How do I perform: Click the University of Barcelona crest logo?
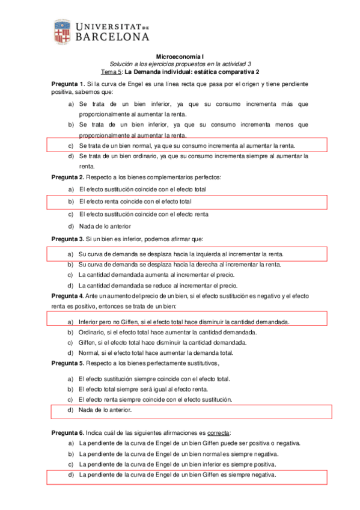click(x=61, y=32)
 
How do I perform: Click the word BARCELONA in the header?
click(x=112, y=37)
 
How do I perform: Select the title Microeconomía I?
click(x=180, y=55)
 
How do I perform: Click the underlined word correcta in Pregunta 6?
click(x=218, y=433)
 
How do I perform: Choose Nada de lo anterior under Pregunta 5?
click(x=105, y=410)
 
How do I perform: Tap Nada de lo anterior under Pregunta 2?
click(x=105, y=227)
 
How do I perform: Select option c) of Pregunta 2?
click(x=144, y=214)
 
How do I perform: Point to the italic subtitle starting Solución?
click(x=180, y=64)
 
